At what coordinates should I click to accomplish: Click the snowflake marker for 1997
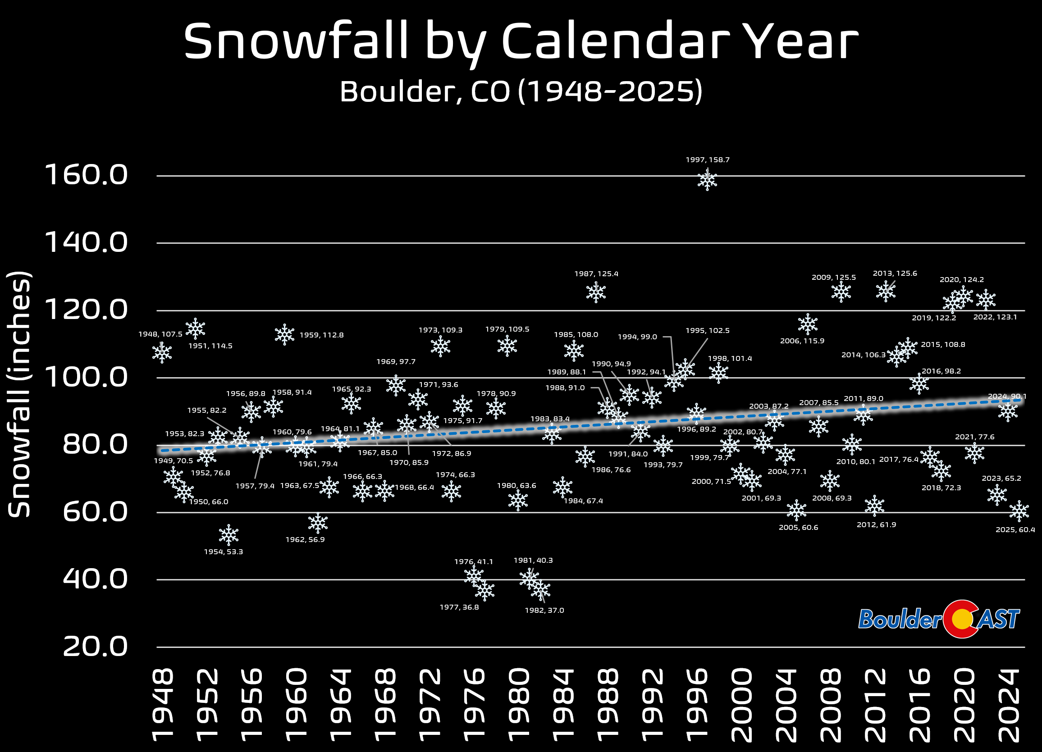click(x=707, y=180)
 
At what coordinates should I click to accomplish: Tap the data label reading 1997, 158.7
click(x=708, y=160)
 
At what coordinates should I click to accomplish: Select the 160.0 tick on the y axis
click(x=86, y=175)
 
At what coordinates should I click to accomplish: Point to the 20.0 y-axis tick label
click(x=95, y=647)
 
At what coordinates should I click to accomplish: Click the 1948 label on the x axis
click(x=162, y=706)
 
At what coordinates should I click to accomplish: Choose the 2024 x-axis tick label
click(x=1009, y=706)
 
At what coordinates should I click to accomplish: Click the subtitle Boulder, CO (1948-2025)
click(x=521, y=91)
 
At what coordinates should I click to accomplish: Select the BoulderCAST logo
click(x=939, y=618)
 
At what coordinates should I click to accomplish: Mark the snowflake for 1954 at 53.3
click(x=229, y=535)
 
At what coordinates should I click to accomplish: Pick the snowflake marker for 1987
click(x=596, y=292)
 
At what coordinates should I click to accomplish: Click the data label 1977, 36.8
click(x=459, y=607)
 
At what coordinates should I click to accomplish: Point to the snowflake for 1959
click(x=284, y=334)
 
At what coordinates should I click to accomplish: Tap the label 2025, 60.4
click(x=1015, y=530)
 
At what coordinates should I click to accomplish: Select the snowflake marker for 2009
click(x=841, y=291)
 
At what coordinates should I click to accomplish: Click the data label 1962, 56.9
click(x=305, y=539)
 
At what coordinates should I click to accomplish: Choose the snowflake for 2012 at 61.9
click(x=874, y=506)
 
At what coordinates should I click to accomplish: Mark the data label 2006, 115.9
click(x=802, y=341)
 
